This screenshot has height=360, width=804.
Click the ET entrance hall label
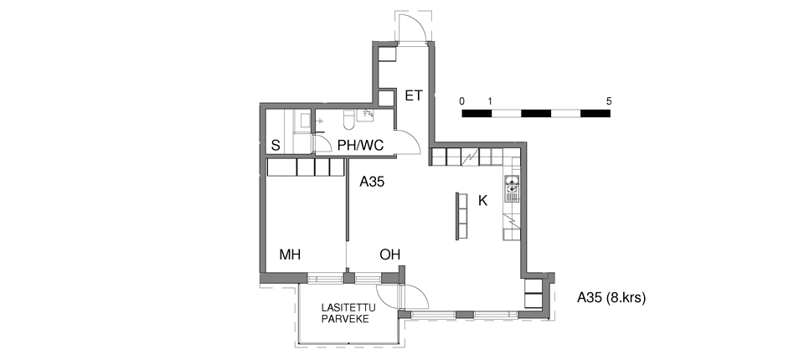pyautogui.click(x=413, y=96)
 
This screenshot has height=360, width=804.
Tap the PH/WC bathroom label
pyautogui.click(x=360, y=146)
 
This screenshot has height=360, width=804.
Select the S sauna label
pyautogui.click(x=276, y=146)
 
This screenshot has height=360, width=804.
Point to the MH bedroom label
pyautogui.click(x=290, y=255)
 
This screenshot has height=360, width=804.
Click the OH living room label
pyautogui.click(x=389, y=255)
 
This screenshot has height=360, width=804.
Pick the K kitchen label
pyautogui.click(x=482, y=201)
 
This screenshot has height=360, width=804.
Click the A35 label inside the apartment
pyautogui.click(x=372, y=182)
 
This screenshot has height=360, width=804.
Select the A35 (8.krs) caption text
pyautogui.click(x=611, y=297)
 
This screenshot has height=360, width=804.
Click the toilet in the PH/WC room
pyautogui.click(x=348, y=120)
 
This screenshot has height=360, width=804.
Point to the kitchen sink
pyautogui.click(x=513, y=188)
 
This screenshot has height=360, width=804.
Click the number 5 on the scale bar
pyautogui.click(x=609, y=101)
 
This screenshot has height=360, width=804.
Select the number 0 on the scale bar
pyautogui.click(x=462, y=101)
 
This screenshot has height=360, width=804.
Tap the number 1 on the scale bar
pyautogui.click(x=490, y=101)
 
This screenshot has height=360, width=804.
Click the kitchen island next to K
pyautogui.click(x=461, y=215)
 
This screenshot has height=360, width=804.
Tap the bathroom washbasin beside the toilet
pyautogui.click(x=366, y=116)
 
